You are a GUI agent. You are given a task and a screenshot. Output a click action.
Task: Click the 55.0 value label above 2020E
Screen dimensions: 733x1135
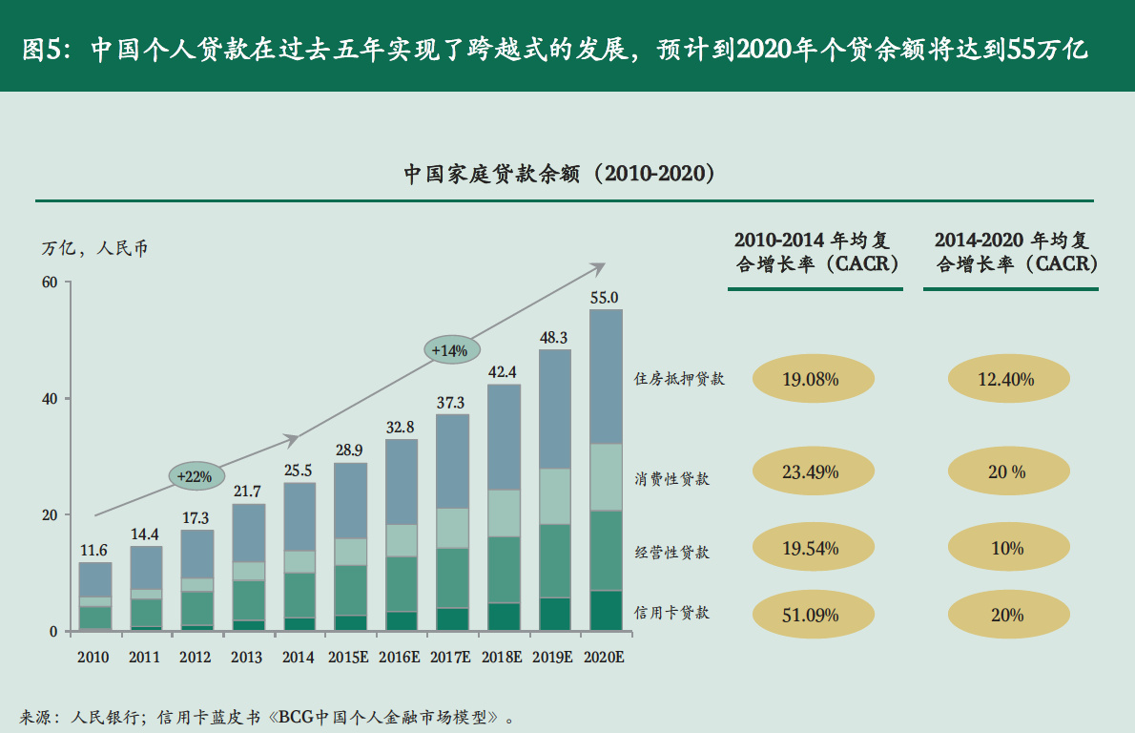605,298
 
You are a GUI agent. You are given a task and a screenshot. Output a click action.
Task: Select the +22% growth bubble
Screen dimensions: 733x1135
197,475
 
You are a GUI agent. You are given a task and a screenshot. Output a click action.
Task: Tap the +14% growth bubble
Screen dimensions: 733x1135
451,350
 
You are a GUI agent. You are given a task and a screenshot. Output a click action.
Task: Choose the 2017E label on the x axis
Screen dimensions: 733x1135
451,658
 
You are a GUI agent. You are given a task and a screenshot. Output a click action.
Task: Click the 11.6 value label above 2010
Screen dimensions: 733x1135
93,550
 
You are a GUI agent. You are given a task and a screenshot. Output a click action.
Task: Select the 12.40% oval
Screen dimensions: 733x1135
1005,379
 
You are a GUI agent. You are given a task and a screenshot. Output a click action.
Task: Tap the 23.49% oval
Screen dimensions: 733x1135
810,471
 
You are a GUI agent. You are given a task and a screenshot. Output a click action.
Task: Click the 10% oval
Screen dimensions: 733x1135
1006,548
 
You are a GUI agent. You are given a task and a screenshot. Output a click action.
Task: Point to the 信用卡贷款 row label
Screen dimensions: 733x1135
672,613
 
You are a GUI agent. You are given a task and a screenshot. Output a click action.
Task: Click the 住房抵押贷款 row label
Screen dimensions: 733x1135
679,379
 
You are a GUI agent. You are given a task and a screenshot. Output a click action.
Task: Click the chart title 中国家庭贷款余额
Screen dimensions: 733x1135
559,174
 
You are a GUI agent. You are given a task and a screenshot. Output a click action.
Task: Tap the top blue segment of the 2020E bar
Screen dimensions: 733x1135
606,376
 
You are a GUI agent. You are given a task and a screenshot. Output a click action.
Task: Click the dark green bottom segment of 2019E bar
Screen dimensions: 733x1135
554,614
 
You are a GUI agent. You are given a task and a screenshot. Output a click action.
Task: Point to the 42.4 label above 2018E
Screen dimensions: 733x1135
503,372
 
